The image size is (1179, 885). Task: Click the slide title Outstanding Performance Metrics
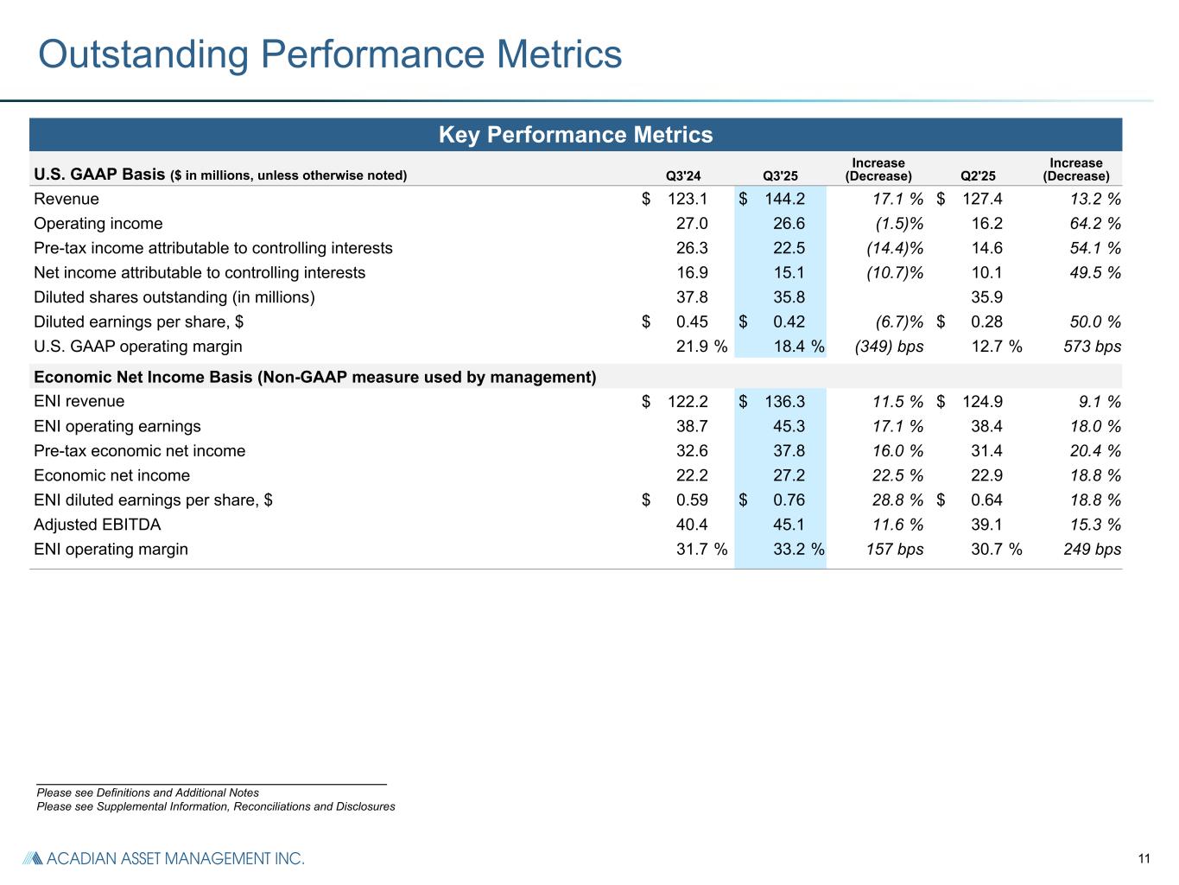point(330,54)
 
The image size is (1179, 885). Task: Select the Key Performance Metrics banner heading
point(575,135)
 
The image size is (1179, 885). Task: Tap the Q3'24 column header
point(683,176)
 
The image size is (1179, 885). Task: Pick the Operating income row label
point(98,224)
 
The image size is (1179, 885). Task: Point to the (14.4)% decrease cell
point(895,248)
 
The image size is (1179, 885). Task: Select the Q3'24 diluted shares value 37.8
point(692,297)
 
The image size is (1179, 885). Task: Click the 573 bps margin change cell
point(1093,347)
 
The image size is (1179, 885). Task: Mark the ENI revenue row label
point(79,401)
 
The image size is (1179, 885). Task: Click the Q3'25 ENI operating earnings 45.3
point(789,426)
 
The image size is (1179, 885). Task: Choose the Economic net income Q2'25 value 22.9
point(986,475)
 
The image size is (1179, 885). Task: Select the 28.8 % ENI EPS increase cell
point(895,500)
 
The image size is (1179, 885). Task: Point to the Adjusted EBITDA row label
point(98,525)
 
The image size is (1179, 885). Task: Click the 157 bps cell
point(895,549)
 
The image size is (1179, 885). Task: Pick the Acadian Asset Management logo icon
point(32,858)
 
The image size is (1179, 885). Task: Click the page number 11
point(1144,858)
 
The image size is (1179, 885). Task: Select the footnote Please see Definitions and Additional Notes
point(148,793)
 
